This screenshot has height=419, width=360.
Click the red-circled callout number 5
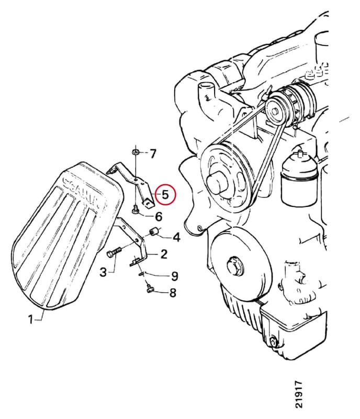point(165,194)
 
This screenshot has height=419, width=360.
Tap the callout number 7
point(152,154)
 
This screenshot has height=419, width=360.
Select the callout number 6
point(159,216)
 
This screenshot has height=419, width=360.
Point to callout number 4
point(176,237)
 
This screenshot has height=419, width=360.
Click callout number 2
point(164,254)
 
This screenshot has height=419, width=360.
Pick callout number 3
point(103,272)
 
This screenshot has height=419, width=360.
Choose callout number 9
point(174,276)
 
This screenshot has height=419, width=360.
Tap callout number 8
point(173,293)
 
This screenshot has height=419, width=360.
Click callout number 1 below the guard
point(30,319)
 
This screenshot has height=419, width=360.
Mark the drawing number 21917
point(299,396)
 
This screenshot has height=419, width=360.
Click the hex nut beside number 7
point(136,152)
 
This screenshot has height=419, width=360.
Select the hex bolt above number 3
point(114,252)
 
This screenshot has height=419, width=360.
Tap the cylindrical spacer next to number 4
point(154,231)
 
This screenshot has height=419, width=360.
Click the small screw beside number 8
point(150,288)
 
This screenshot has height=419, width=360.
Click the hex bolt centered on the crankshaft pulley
point(234,267)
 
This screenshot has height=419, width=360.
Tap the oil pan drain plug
point(273,343)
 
